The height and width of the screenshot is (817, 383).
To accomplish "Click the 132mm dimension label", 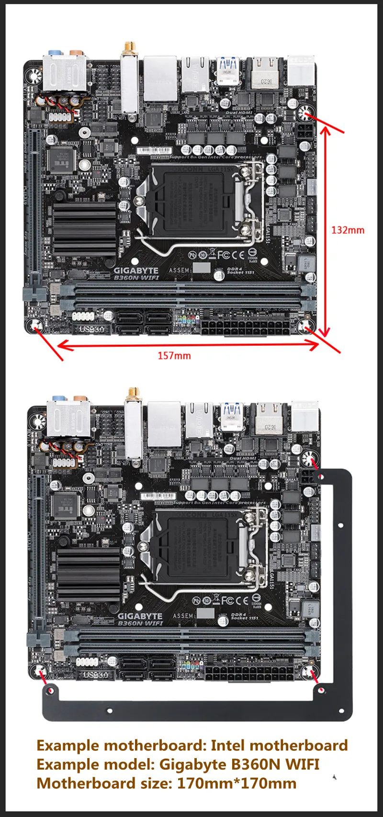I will tap(348, 230).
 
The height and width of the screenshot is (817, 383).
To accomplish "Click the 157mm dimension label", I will tap(174, 355).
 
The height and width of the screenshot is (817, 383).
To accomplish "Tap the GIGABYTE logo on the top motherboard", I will tap(136, 271).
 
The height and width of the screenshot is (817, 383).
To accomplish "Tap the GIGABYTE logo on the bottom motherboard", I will tap(140, 616).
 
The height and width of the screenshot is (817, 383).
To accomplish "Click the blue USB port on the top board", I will tap(228, 64).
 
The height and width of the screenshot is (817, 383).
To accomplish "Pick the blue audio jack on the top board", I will tap(56, 50).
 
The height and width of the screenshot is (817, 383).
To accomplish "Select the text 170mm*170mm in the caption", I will tap(237, 783).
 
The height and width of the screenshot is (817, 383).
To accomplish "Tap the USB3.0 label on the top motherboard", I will tap(91, 329).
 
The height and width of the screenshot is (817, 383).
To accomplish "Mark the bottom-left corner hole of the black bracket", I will tap(50, 691).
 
